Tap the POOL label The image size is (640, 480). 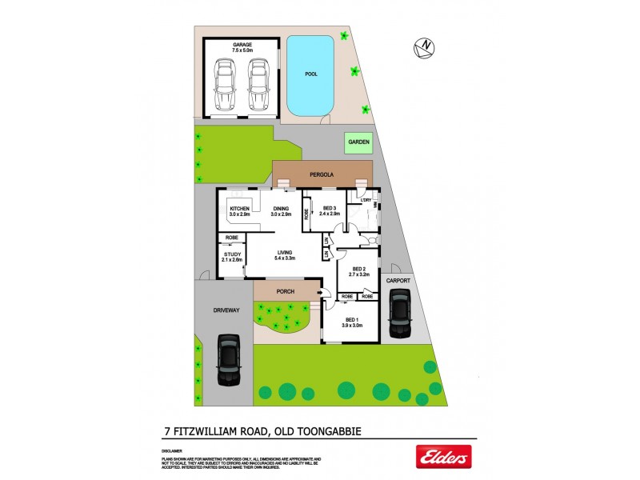pyautogui.click(x=311, y=74)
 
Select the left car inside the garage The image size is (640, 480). pyautogui.click(x=226, y=87)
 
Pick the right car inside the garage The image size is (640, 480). pyautogui.click(x=257, y=87)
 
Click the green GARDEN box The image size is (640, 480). pyautogui.click(x=358, y=142)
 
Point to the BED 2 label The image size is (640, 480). pyautogui.click(x=358, y=270)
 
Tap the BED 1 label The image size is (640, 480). pyautogui.click(x=353, y=320)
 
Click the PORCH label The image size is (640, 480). pyautogui.click(x=286, y=291)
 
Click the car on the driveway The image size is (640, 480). pyautogui.click(x=228, y=361)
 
